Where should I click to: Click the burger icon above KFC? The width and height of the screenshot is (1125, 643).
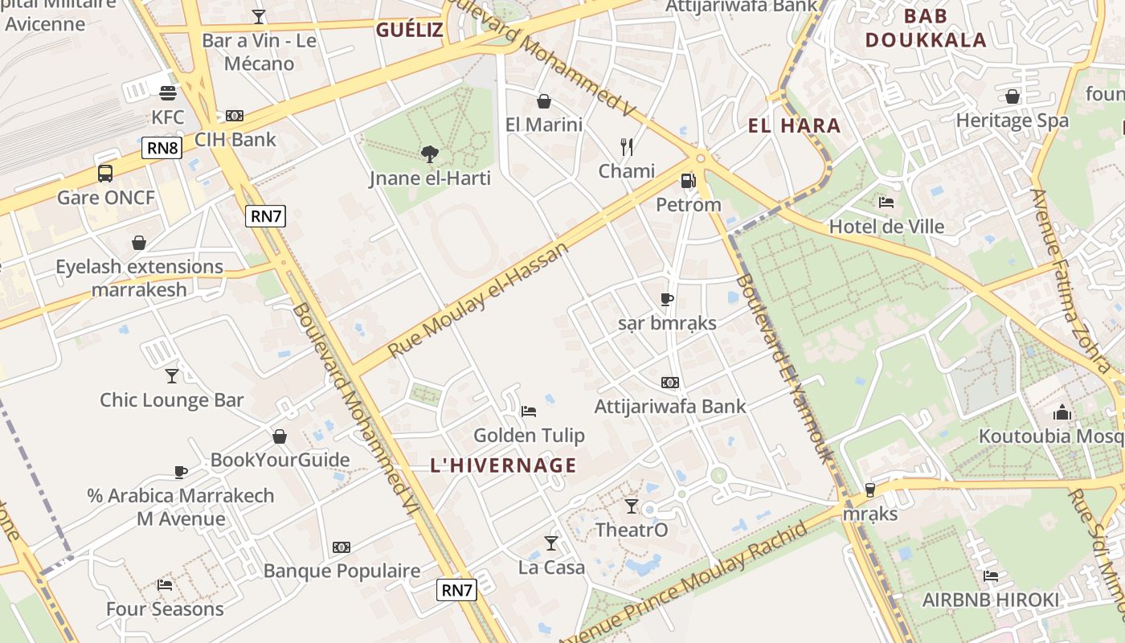(167, 93)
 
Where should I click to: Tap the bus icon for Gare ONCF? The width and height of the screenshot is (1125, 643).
(105, 173)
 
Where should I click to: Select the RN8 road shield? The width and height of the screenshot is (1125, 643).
(162, 148)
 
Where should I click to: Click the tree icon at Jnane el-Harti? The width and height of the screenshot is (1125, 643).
(430, 154)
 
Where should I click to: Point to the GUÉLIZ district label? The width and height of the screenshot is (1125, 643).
(410, 31)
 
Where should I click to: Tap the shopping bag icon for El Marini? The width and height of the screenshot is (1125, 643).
(544, 101)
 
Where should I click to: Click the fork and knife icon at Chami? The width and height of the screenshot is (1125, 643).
(627, 146)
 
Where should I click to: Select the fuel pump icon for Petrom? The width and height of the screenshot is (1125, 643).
(688, 181)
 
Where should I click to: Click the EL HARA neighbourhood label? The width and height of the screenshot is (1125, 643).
(794, 125)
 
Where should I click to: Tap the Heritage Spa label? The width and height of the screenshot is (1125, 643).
(1012, 121)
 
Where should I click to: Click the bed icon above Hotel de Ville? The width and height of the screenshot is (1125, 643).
(886, 203)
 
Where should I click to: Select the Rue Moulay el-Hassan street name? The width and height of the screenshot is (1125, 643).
(479, 300)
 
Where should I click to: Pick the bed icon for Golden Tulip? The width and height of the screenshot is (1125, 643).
(528, 412)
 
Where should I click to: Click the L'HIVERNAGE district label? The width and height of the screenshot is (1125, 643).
(504, 465)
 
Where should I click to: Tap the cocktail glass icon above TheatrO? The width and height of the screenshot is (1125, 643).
(632, 506)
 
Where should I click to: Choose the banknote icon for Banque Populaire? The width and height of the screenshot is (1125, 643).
(342, 547)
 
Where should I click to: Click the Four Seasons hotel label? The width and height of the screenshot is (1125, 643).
(165, 609)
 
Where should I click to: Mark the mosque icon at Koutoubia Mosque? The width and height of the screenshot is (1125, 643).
(1062, 413)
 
